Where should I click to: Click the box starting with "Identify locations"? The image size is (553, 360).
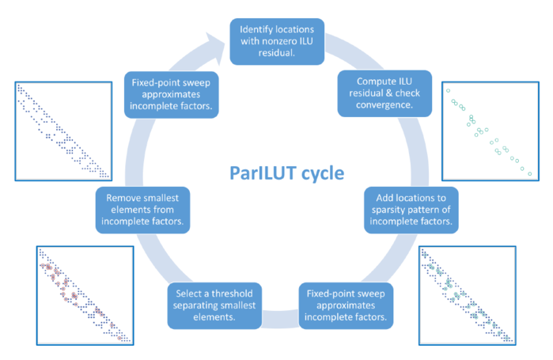277,42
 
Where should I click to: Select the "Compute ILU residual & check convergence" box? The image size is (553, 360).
384,93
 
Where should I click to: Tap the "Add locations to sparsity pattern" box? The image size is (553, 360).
411,210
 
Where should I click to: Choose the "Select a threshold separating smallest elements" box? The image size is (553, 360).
214,305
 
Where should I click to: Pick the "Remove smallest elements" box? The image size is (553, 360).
142,210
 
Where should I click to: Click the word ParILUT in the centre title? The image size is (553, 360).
263,173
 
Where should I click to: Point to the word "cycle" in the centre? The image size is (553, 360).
323,174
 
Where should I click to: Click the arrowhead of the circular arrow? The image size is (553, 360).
215,47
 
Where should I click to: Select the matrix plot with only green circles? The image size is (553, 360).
491,131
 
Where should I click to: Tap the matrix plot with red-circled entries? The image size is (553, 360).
85,295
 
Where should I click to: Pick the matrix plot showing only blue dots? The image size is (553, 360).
63,131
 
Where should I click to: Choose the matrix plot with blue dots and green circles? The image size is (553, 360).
468,295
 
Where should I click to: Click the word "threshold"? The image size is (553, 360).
232,294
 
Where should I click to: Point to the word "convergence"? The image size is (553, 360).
384,105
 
